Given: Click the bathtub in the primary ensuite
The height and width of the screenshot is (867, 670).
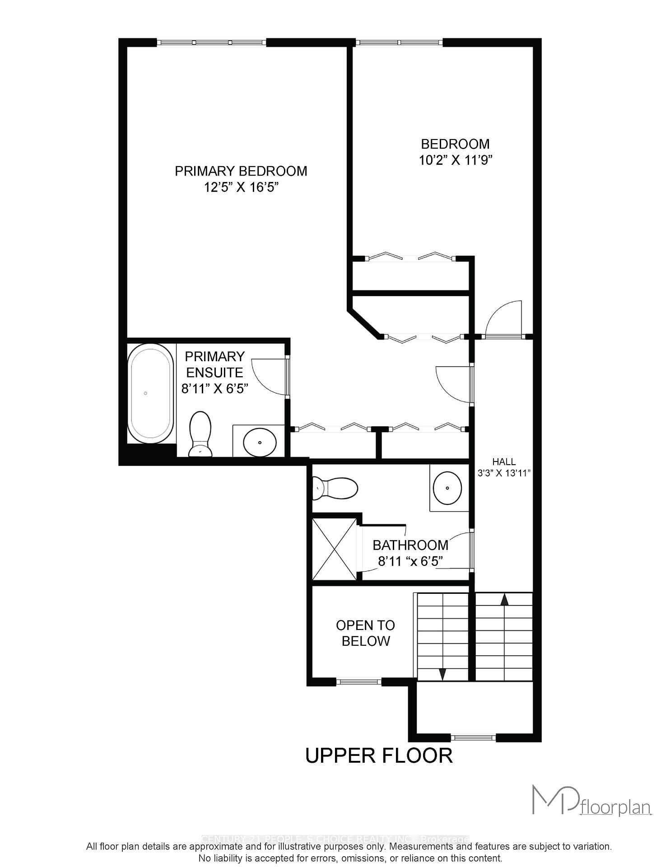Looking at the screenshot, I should click(x=151, y=393).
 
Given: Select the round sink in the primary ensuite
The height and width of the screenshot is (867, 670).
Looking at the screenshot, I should click(x=260, y=442).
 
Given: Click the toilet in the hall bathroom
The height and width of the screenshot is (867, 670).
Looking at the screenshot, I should click(x=336, y=488).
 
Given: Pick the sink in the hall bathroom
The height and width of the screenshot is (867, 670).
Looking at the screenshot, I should click(x=447, y=488).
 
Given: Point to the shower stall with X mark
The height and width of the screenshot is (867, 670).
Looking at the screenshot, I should click(x=335, y=549).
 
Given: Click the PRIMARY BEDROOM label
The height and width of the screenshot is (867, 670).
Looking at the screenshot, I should click(x=241, y=171).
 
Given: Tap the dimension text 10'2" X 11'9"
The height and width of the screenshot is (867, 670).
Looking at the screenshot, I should click(x=455, y=160).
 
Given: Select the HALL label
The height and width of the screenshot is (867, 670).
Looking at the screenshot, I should click(x=504, y=461).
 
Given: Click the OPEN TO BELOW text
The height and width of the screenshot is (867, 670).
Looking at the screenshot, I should click(x=365, y=633).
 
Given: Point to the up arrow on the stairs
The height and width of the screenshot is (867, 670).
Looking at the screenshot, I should click(x=504, y=600).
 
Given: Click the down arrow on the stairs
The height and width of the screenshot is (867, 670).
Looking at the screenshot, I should click(x=442, y=674).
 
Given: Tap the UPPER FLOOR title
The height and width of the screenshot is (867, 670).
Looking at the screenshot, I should click(x=379, y=755).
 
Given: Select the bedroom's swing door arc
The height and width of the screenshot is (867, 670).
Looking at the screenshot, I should click(x=504, y=318).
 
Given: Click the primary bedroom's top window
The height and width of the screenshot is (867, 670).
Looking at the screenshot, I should click(x=211, y=42).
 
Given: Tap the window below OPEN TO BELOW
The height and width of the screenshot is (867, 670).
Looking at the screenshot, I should click(x=358, y=682).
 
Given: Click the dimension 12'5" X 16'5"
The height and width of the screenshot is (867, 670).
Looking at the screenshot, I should click(x=241, y=187).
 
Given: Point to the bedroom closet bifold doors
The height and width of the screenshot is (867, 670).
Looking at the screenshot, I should click(x=410, y=257).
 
